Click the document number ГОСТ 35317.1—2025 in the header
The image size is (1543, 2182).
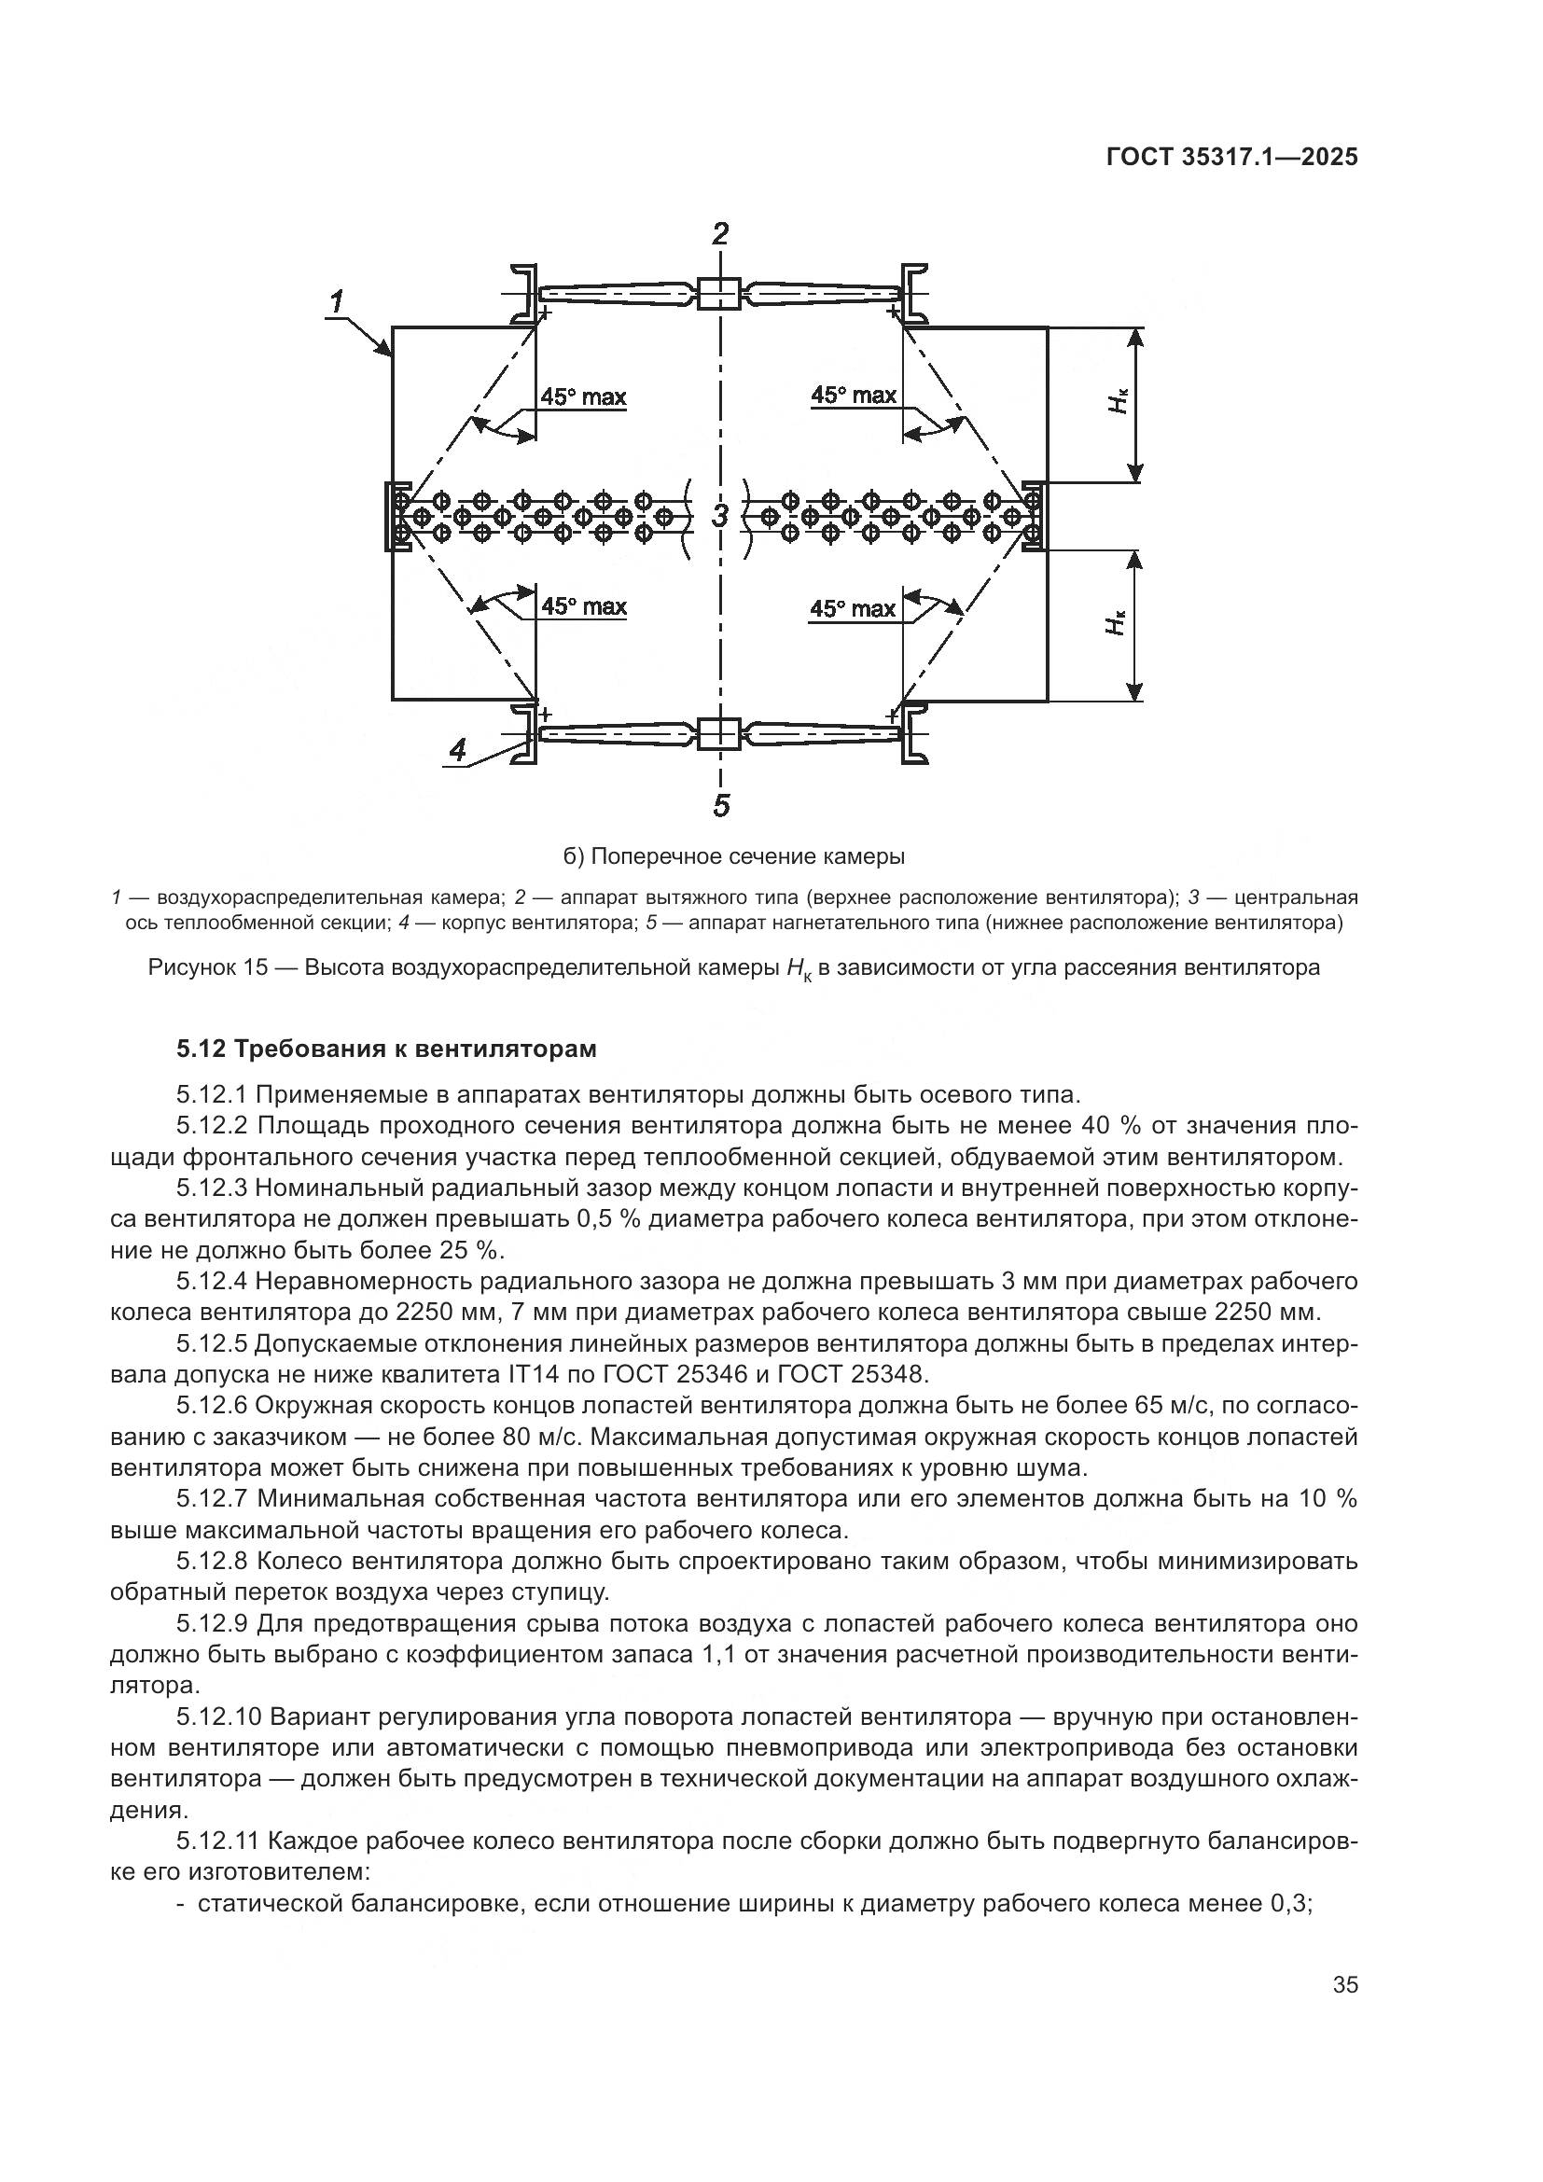tap(1231, 157)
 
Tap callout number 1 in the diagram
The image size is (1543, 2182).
tap(337, 303)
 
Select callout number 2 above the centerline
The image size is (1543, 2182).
tap(721, 234)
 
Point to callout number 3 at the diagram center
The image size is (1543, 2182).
tap(720, 517)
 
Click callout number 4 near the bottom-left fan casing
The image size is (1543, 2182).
tap(457, 750)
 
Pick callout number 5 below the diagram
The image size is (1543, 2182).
tap(721, 806)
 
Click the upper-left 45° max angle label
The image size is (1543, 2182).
tap(583, 396)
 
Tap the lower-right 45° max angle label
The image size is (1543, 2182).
tap(853, 608)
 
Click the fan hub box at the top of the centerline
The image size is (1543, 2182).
tap(720, 293)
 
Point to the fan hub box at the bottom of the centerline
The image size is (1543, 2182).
tap(720, 733)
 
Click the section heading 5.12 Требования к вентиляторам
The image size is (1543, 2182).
tap(387, 1049)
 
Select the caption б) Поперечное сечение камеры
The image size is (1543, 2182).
tap(733, 856)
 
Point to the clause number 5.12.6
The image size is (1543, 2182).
tap(213, 1406)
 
